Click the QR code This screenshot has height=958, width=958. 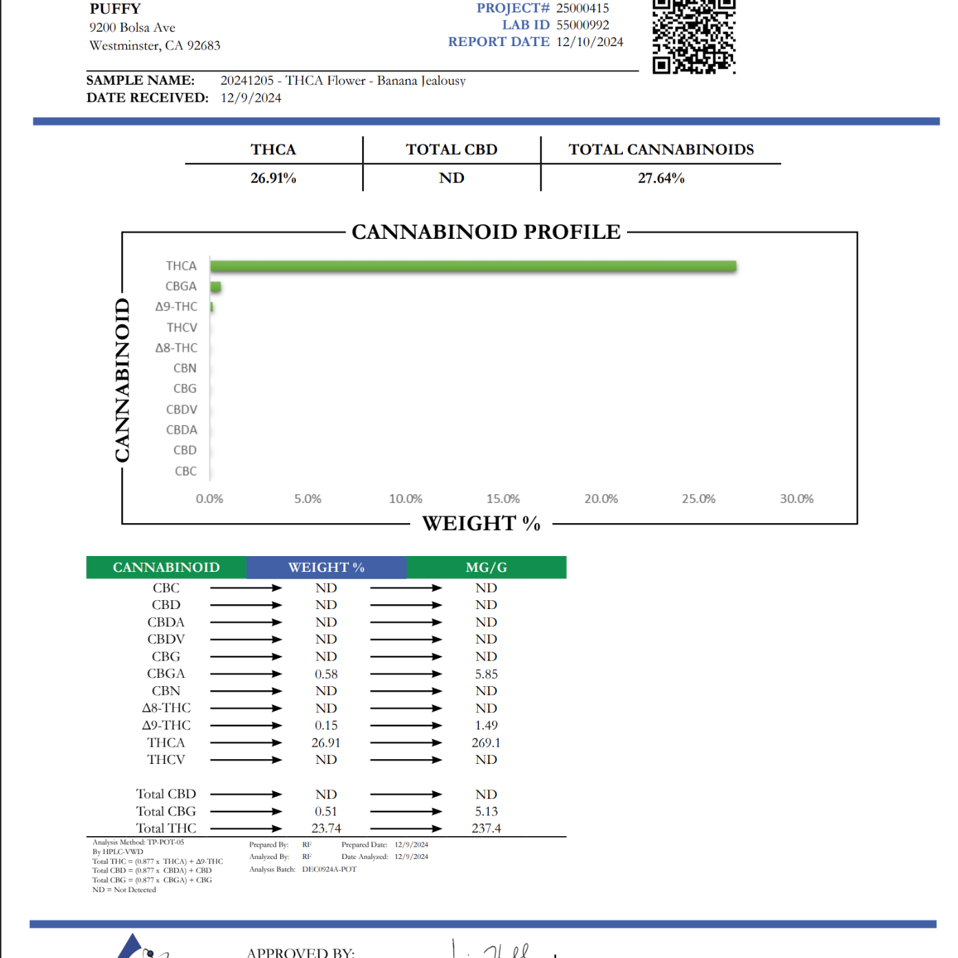click(694, 36)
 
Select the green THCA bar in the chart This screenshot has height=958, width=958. click(473, 266)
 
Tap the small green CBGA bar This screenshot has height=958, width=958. click(215, 287)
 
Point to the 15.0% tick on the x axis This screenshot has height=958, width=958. click(503, 499)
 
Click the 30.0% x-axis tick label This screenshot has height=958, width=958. click(796, 499)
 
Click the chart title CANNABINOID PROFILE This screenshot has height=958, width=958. click(486, 233)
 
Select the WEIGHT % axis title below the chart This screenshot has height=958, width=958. click(481, 524)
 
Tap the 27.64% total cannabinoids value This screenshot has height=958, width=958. click(661, 178)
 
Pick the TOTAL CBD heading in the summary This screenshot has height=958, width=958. click(451, 150)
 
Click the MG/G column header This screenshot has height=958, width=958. click(486, 568)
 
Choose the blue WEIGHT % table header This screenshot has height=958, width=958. click(326, 568)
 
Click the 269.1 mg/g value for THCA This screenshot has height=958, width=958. click(486, 743)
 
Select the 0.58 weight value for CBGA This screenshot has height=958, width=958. click(326, 674)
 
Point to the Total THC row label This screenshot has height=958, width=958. click(166, 829)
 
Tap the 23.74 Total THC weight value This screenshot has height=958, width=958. click(326, 829)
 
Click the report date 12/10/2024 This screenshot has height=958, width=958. click(590, 42)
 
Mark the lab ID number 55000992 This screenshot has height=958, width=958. click(582, 25)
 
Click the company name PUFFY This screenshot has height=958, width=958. click(115, 9)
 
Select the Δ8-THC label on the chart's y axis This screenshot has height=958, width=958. click(176, 348)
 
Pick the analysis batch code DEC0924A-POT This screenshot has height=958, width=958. click(329, 869)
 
